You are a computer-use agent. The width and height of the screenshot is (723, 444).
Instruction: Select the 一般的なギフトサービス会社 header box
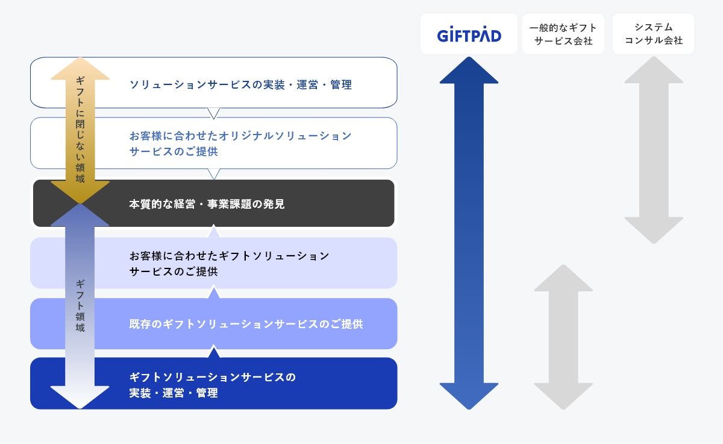click(563, 34)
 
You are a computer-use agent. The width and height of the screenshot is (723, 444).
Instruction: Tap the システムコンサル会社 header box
click(653, 34)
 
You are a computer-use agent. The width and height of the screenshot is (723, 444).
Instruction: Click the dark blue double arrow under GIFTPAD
click(469, 233)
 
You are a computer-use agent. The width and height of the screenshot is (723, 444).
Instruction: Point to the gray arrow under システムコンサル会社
click(654, 150)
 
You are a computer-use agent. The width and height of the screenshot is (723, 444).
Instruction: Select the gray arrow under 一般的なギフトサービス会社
click(563, 337)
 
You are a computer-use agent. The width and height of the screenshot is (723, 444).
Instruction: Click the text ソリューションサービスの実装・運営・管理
click(240, 84)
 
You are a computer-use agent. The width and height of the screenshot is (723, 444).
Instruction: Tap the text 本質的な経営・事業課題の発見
click(207, 204)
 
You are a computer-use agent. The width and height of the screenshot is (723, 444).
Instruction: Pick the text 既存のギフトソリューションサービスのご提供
click(246, 324)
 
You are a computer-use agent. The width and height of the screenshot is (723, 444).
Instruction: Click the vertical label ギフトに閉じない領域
click(80, 129)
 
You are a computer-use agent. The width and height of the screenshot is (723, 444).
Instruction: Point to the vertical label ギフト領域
click(80, 306)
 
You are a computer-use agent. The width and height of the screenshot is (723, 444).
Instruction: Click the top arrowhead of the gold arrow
click(80, 69)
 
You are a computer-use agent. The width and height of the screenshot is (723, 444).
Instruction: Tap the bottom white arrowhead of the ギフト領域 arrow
click(80, 397)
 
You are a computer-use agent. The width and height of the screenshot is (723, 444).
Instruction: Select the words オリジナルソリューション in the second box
click(285, 136)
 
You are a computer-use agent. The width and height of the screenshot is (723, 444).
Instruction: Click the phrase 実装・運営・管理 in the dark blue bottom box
click(174, 393)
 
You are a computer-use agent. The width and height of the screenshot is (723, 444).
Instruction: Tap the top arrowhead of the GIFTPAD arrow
click(469, 70)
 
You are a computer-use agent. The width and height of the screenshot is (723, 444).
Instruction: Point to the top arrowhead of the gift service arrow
click(563, 278)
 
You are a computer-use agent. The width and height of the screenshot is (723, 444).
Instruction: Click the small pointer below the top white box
click(214, 113)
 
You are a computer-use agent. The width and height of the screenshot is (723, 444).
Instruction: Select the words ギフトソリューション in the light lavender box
click(274, 256)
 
